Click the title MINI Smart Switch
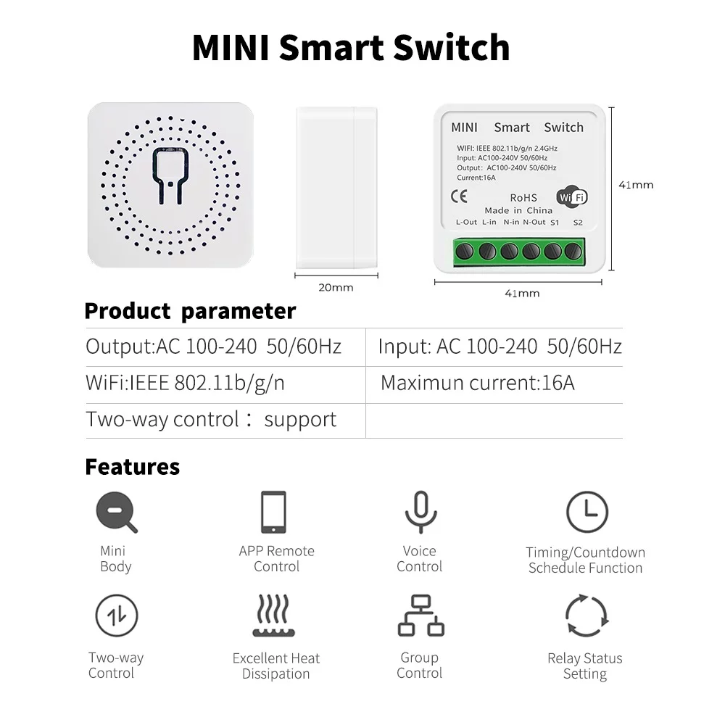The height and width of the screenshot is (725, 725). (351, 47)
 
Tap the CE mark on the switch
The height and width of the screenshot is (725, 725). (459, 196)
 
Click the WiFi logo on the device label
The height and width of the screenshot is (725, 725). (571, 197)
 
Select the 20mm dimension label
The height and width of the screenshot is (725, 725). (336, 287)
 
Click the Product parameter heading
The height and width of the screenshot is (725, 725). (190, 311)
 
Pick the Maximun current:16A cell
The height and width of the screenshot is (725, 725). (477, 383)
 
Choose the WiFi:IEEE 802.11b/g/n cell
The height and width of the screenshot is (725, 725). (185, 383)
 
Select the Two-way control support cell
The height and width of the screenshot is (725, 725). (211, 420)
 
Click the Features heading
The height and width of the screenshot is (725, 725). (132, 466)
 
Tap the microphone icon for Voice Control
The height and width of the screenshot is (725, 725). (420, 512)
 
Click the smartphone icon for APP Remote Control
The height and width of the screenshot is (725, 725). (274, 512)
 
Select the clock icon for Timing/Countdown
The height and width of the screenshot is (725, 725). (587, 512)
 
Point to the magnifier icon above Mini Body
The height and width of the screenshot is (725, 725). (117, 512)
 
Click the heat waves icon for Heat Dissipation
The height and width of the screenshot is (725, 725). (274, 616)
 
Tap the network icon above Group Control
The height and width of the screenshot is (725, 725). (420, 616)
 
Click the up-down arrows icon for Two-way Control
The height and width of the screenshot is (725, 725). (117, 616)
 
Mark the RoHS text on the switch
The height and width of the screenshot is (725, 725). (523, 197)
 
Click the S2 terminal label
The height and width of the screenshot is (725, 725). (578, 222)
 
